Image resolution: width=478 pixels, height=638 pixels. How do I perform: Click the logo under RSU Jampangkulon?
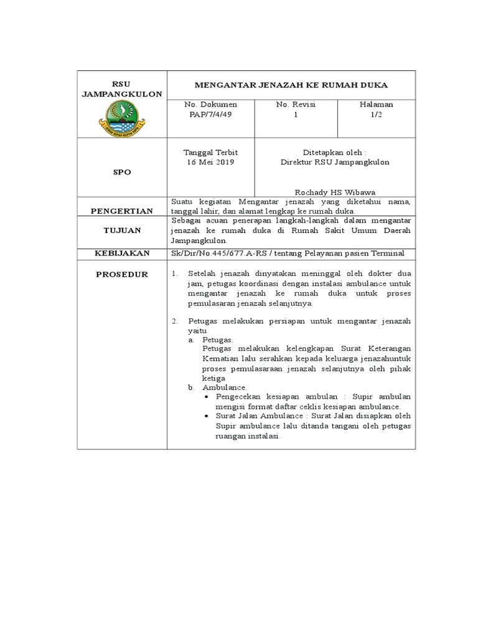tap(122, 118)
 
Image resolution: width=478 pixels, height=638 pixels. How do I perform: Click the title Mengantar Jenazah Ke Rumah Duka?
tap(291, 85)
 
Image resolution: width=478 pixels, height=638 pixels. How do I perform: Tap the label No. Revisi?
tap(296, 105)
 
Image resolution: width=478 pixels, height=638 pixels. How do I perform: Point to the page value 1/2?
tap(376, 115)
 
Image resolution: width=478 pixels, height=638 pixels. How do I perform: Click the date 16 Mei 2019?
tap(210, 162)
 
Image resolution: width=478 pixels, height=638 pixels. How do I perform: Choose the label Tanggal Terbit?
tap(210, 152)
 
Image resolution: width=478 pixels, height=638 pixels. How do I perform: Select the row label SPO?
tap(122, 172)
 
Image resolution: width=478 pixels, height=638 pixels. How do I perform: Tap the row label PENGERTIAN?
tap(122, 211)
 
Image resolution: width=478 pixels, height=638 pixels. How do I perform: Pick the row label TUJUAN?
tap(122, 231)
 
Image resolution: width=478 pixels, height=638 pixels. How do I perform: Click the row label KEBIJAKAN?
tap(122, 253)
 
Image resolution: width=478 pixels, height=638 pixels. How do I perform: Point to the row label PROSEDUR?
tap(122, 274)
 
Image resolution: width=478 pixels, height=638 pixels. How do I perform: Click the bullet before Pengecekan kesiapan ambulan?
tap(207, 397)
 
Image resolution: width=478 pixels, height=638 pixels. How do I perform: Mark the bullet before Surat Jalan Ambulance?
tap(207, 416)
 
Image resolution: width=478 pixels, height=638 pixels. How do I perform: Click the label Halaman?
tap(376, 105)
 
